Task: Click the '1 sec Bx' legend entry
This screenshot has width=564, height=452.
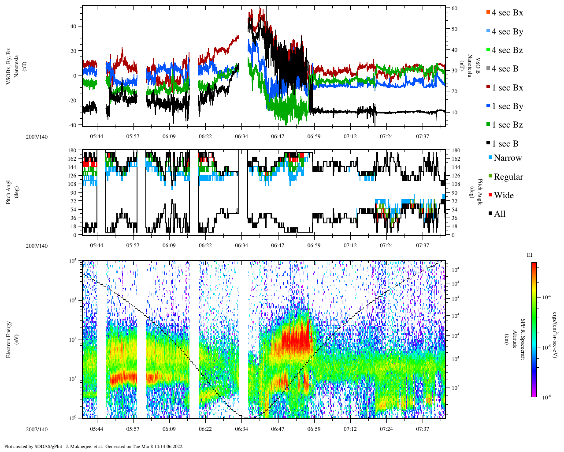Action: coord(507,88)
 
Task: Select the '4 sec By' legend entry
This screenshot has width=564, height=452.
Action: coord(507,32)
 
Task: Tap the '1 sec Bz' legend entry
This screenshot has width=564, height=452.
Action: coord(507,125)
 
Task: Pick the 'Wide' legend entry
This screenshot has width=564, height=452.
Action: coord(504,196)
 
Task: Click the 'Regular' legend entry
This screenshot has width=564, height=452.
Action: coord(508,177)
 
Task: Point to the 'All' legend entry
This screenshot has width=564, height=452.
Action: coord(500,214)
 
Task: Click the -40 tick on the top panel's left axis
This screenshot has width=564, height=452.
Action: coord(72,125)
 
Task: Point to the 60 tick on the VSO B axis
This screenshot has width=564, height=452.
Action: coord(454,8)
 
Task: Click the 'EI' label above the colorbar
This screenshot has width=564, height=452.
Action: coord(529,255)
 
